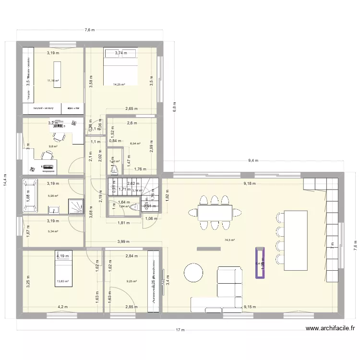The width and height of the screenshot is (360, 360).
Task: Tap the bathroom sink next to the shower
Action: tap(54, 209)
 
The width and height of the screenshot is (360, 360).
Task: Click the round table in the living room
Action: tap(195, 273)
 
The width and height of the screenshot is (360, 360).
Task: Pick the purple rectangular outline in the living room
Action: tap(261, 263)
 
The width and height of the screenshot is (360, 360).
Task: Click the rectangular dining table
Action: tap(215, 212)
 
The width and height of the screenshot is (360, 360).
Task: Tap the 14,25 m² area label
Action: tap(119, 84)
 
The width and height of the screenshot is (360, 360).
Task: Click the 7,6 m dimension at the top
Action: tap(90, 30)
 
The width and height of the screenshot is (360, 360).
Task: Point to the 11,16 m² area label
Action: tap(53, 81)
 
